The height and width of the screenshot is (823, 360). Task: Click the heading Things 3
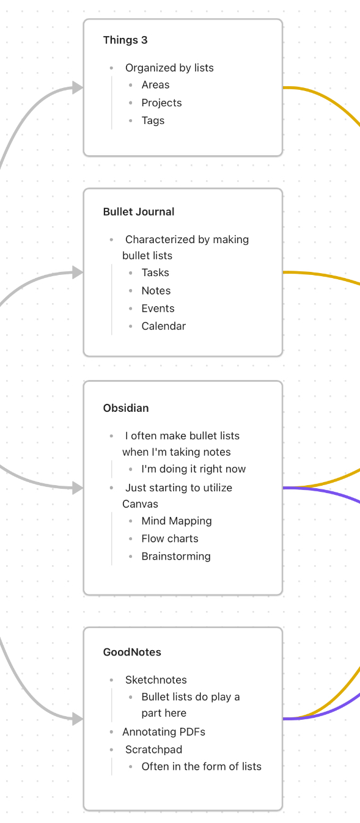coord(125,40)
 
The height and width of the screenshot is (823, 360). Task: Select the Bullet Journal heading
coord(139,211)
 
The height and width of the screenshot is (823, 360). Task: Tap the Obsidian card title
coord(126,408)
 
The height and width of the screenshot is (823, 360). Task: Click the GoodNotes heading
coord(132,652)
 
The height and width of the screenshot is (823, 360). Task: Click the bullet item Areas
coord(155,85)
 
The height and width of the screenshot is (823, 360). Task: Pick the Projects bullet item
coord(162,103)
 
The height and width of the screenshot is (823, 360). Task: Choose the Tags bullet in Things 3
coord(153,120)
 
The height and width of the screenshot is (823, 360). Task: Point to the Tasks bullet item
coord(155,273)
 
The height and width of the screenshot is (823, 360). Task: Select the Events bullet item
coord(158,309)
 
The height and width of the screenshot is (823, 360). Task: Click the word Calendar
coord(164,326)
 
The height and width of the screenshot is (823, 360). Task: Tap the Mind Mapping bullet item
coord(177,521)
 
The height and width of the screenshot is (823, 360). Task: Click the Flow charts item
coord(170,539)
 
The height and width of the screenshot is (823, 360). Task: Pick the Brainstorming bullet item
coord(176,556)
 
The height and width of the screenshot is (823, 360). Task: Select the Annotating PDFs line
coord(164,732)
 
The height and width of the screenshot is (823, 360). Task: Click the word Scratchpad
coord(153,750)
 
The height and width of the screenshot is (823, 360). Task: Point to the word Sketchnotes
coord(156,679)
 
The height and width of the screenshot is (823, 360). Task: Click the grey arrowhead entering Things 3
coord(78,87)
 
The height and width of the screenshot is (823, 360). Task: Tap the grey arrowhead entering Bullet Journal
coord(78,273)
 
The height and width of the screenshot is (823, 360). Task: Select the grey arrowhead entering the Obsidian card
coord(78,488)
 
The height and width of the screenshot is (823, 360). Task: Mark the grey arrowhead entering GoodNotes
coord(78,719)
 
